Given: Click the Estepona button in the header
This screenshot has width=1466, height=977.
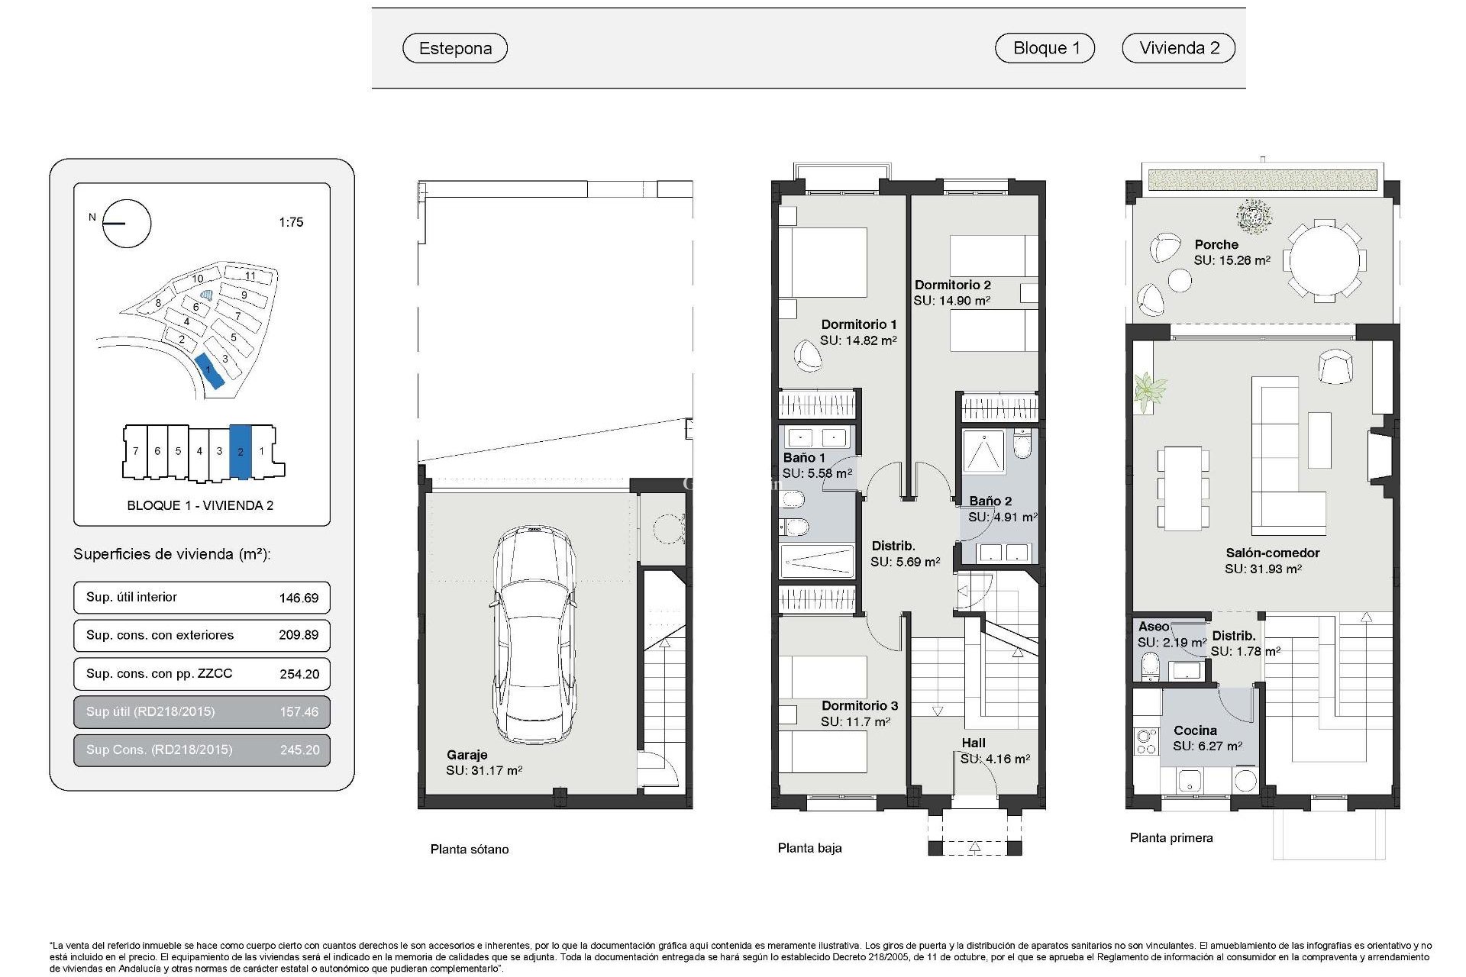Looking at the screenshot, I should (455, 48).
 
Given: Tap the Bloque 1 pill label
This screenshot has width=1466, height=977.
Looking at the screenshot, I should (1045, 48).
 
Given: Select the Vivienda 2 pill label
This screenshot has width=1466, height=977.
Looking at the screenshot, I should (1178, 48).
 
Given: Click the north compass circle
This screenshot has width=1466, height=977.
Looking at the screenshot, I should (127, 224).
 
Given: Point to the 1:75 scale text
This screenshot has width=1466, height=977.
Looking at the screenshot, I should (291, 222).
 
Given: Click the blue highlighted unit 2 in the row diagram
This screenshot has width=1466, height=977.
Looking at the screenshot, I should (241, 452).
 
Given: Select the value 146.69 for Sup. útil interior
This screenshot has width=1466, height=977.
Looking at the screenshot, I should (299, 598).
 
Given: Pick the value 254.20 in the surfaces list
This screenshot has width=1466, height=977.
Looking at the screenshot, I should (299, 674).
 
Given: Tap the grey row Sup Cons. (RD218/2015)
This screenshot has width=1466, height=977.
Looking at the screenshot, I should (202, 750).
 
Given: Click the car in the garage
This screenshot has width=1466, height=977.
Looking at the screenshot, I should (534, 634).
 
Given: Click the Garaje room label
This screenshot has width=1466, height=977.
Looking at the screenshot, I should (467, 754).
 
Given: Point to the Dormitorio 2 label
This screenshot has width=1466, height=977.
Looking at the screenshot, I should (952, 285).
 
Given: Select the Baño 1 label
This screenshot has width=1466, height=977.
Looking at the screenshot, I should (803, 457).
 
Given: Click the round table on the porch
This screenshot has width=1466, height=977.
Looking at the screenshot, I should (1324, 260).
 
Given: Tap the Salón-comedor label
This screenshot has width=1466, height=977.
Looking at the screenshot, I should (1272, 553).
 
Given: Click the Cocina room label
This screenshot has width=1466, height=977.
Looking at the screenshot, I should (1195, 730).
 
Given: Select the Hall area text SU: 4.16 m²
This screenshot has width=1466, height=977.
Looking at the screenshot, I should (995, 759).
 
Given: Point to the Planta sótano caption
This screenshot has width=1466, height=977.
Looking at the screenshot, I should (469, 849).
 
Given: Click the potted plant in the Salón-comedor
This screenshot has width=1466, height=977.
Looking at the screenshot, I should (1148, 391).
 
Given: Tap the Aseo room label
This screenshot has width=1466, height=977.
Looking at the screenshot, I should (1153, 626).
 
